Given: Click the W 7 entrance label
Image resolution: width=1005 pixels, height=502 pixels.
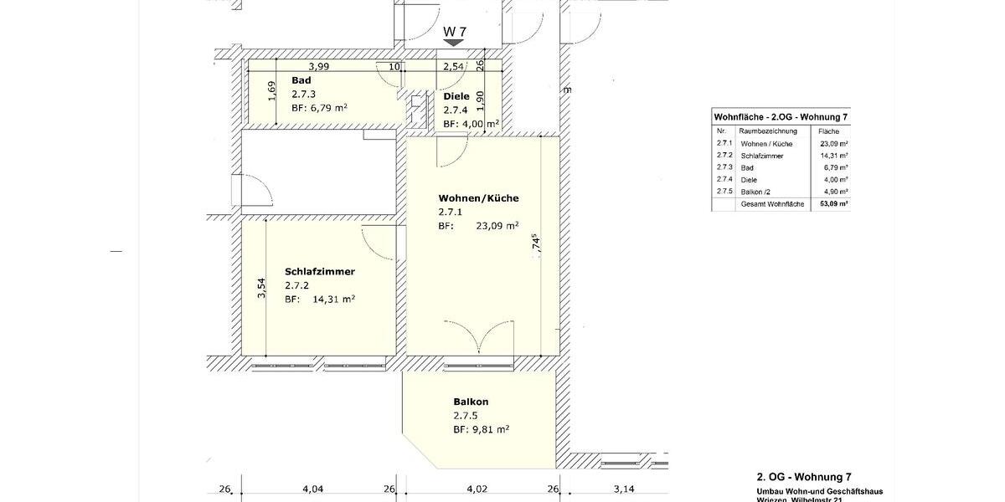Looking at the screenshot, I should [454, 32].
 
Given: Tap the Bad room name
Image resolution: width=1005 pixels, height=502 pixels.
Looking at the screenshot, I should [301, 80].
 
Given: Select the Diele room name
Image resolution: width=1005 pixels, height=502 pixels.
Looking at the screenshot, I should [456, 96].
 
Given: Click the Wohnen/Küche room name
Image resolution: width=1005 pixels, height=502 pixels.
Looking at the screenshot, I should [478, 198].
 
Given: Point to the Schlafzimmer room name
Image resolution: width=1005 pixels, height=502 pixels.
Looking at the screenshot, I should [320, 272].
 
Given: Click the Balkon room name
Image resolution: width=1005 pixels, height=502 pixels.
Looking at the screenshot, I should [471, 402].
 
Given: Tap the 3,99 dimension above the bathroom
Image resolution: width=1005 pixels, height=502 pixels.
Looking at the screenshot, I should [317, 66].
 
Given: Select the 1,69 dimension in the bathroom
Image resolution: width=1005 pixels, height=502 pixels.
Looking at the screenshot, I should [271, 90].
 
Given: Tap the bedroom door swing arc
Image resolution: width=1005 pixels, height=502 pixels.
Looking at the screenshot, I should [378, 243].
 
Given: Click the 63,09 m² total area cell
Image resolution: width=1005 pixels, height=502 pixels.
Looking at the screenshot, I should [833, 203].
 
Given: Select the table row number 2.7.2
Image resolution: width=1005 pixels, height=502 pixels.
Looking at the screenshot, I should [724, 156].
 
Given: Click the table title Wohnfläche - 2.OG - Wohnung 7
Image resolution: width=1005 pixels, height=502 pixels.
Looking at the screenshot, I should [781, 116].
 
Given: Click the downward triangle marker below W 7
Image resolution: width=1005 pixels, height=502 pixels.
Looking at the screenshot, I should [454, 43].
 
